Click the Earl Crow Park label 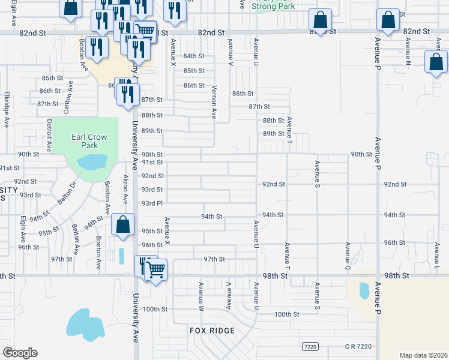click(x=89, y=141)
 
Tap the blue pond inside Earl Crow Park click(x=92, y=161)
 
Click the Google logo click(x=20, y=353)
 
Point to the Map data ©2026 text click(x=423, y=355)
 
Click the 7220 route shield click(x=310, y=347)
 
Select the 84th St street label click(x=194, y=56)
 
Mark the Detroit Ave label click(x=49, y=134)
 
